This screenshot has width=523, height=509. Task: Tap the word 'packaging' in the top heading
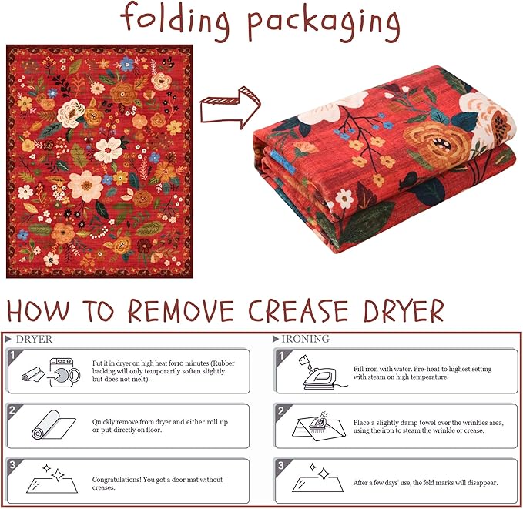pyautogui.click(x=324, y=25)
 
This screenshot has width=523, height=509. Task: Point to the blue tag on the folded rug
pyautogui.click(x=283, y=161)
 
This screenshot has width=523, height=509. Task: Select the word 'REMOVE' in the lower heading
pyautogui.click(x=181, y=310)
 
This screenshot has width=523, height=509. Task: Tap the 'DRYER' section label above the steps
pyautogui.click(x=34, y=340)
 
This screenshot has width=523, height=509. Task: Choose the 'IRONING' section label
pyautogui.click(x=306, y=339)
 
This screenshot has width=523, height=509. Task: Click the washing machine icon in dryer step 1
pyautogui.click(x=65, y=372)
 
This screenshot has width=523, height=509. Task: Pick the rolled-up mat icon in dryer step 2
pyautogui.click(x=53, y=424)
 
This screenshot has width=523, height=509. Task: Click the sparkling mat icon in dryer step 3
pyautogui.click(x=52, y=479)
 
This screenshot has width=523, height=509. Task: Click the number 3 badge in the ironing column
pyautogui.click(x=281, y=464)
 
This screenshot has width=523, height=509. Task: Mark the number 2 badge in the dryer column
pyautogui.click(x=12, y=410)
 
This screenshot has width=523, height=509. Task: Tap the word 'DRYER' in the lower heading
pyautogui.click(x=404, y=310)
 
